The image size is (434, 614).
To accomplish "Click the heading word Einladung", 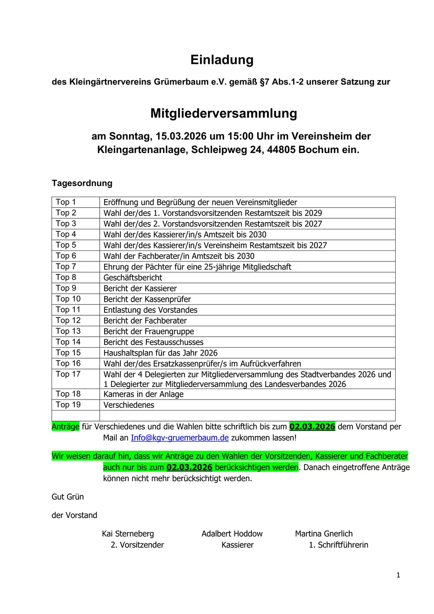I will (x=222, y=60).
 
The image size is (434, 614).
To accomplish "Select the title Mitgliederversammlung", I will (x=223, y=114).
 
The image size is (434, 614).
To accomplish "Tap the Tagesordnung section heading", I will (x=82, y=183).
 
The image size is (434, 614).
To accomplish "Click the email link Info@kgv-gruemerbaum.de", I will (x=180, y=438).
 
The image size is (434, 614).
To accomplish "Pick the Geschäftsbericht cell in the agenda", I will (x=133, y=278).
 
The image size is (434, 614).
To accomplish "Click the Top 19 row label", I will (x=68, y=405).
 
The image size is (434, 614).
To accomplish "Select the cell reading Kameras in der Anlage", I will (x=143, y=394).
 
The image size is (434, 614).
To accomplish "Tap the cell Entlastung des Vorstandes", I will (x=150, y=310).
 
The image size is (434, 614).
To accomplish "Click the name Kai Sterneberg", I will (x=128, y=534).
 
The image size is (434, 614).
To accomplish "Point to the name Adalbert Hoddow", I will (x=232, y=534).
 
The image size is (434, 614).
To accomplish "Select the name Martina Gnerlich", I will (x=324, y=534).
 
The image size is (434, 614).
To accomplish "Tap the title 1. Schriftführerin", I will (x=338, y=545).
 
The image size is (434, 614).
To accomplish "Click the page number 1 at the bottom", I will (x=398, y=575).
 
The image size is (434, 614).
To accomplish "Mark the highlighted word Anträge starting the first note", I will (x=65, y=426).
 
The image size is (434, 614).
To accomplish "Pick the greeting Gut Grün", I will (x=68, y=497).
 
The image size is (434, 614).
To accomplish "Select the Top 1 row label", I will (x=66, y=202).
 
